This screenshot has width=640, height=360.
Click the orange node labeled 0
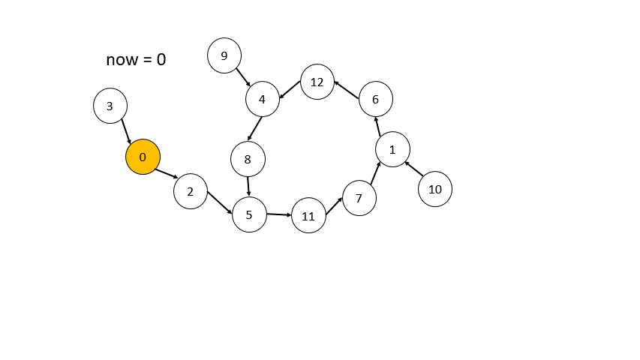[143, 157]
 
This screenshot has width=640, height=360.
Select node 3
[110, 106]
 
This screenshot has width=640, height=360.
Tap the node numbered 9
[224, 55]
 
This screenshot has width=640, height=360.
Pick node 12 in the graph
[317, 82]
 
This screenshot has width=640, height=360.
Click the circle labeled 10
[435, 189]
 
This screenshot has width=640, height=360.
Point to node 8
[248, 159]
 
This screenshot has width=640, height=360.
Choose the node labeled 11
[308, 215]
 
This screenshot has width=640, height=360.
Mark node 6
[376, 99]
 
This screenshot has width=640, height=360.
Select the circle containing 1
[392, 149]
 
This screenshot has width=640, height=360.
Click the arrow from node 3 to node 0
[126, 131]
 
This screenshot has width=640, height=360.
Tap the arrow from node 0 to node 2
[167, 173]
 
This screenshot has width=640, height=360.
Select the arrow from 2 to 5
[220, 202]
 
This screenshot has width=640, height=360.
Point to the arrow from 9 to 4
[243, 77]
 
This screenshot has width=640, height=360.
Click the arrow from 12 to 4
[290, 89]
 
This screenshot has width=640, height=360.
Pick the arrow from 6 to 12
[347, 90]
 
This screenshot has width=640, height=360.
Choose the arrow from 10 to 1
[414, 169]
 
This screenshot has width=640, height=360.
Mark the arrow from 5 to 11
[279, 214]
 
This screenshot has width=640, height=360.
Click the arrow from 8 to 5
[248, 186]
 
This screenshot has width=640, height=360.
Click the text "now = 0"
[136, 59]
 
